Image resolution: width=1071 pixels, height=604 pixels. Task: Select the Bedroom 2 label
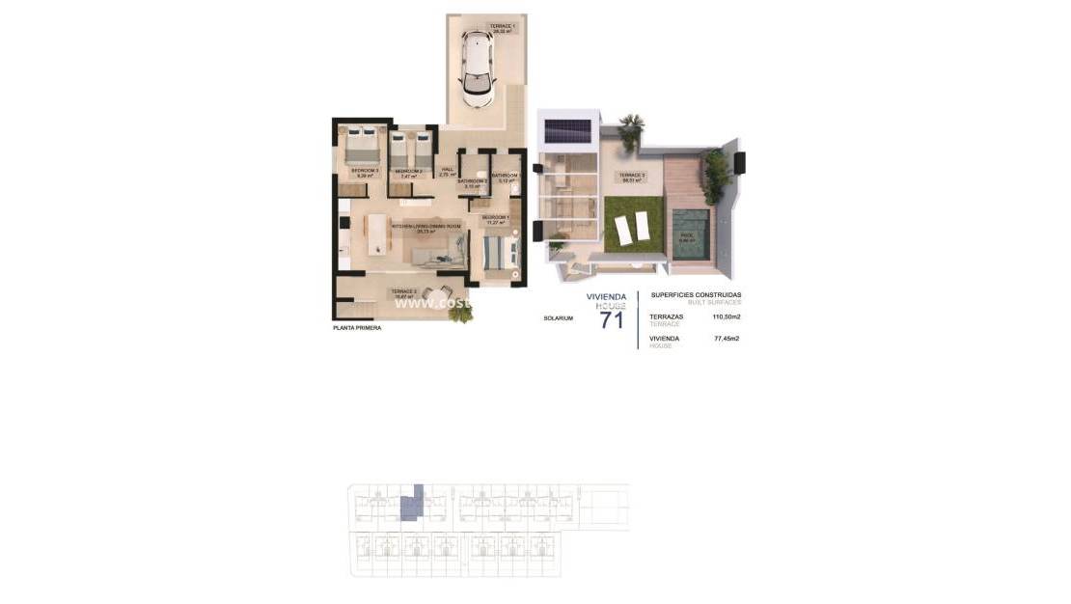pos(409,174)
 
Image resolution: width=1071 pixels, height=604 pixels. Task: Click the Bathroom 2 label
pos(473,182)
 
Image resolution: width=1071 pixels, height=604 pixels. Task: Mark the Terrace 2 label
pos(403,292)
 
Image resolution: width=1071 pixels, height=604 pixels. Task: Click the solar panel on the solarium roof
pos(568,130)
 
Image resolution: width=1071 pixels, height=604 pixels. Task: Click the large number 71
pos(612,320)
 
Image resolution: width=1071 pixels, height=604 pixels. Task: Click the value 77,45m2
pos(726,339)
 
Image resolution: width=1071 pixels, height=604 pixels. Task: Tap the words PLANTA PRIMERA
pos(357,328)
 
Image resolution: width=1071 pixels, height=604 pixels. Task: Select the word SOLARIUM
pos(558,318)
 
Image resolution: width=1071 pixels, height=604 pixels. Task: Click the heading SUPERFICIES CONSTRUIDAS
pos(696,295)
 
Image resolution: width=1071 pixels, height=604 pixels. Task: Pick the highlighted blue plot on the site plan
pos(412,503)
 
